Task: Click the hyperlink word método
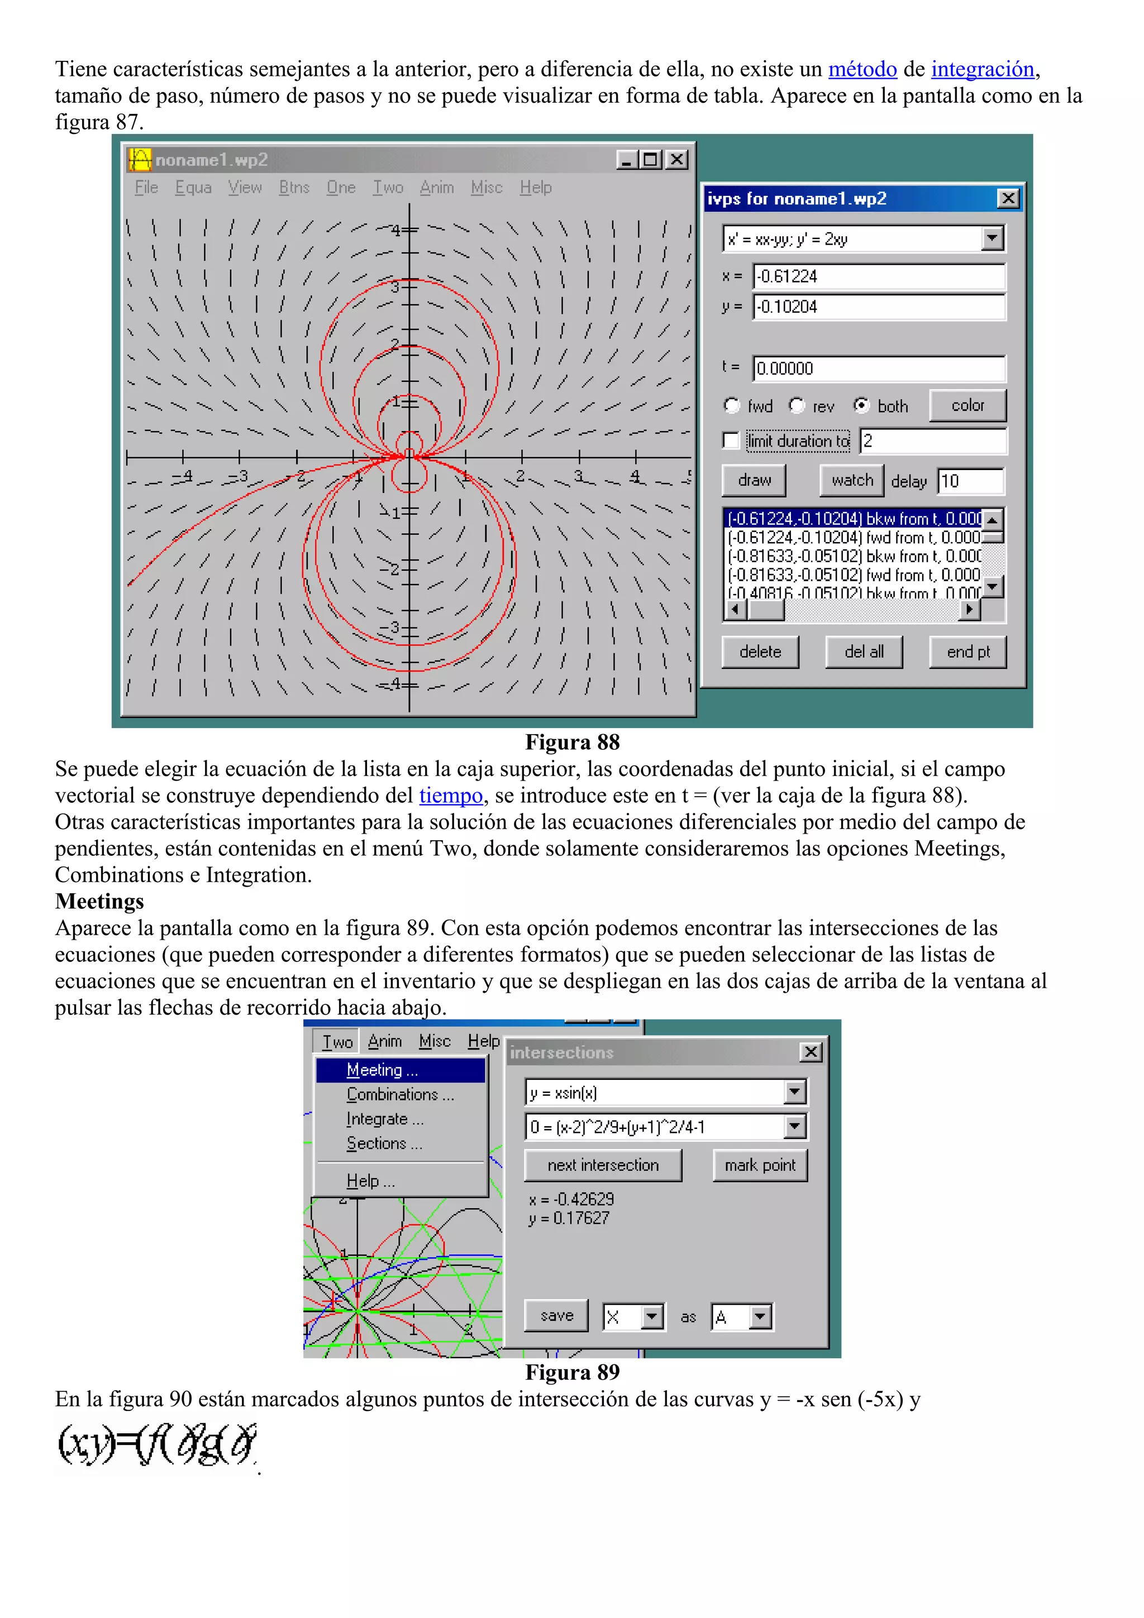pos(861,69)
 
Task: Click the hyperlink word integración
pos(982,69)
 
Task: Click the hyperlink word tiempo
pos(450,796)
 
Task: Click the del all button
pos(864,652)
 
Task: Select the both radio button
pos(861,406)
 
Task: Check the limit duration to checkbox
pos(731,441)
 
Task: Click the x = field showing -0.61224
pos(878,276)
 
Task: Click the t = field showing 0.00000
pos(878,368)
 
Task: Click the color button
pos(967,406)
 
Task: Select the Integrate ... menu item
pos(385,1119)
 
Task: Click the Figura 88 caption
pos(571,742)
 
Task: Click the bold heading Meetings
pos(99,901)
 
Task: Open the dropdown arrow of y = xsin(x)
pos(794,1092)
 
